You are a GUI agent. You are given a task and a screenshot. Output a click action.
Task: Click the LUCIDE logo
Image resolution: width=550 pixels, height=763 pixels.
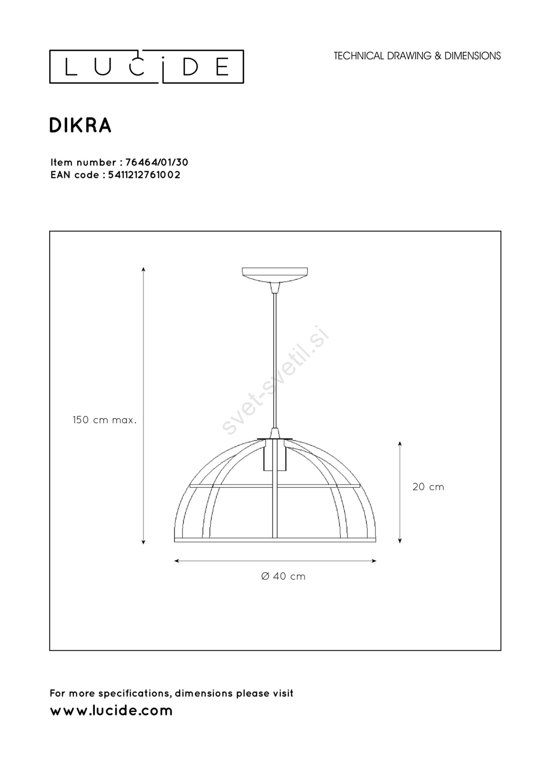[146, 66]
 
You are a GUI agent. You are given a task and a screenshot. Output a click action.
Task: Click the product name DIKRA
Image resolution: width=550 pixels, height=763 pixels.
[81, 125]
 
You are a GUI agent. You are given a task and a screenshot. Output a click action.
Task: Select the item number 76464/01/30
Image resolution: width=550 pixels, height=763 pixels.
[157, 162]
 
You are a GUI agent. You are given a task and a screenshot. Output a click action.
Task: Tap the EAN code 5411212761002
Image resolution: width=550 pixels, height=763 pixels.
[144, 175]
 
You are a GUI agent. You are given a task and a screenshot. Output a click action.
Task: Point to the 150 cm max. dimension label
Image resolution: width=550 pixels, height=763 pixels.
[104, 420]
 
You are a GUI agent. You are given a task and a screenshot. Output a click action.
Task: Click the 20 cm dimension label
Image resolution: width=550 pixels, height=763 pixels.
[428, 487]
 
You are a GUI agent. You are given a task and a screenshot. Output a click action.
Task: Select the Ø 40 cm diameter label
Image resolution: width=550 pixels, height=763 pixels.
[283, 576]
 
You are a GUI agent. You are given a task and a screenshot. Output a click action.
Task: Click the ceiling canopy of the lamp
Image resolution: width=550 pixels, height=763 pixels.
[275, 275]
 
